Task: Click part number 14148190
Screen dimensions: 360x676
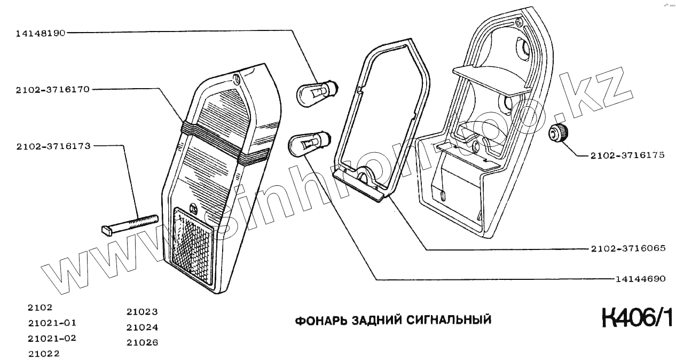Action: pyautogui.click(x=41, y=33)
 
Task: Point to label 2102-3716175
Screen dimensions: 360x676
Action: pyautogui.click(x=627, y=155)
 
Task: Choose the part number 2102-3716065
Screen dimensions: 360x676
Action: pyautogui.click(x=628, y=249)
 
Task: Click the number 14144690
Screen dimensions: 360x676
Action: pyautogui.click(x=640, y=279)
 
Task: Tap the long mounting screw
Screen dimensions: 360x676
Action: pyautogui.click(x=129, y=224)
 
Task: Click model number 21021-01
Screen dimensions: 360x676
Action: pyautogui.click(x=52, y=323)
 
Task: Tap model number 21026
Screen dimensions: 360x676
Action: pyautogui.click(x=142, y=342)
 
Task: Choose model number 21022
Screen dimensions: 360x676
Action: pyautogui.click(x=44, y=353)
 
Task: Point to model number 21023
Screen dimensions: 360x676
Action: pyautogui.click(x=142, y=312)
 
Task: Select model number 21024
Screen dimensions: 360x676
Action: pyautogui.click(x=142, y=327)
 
